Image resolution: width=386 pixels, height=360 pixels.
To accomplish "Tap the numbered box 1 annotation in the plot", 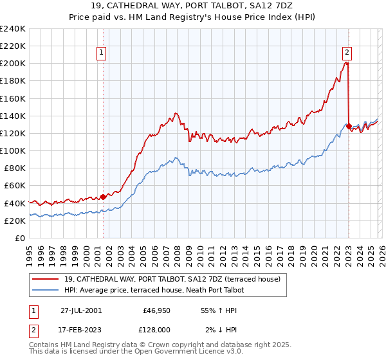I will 102,53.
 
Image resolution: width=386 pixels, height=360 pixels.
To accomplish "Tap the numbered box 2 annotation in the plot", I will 347,53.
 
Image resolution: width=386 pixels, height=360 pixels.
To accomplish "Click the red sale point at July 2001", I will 104,197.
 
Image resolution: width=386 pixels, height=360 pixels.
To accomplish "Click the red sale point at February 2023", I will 349,127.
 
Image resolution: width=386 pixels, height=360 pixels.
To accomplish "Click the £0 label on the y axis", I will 20,238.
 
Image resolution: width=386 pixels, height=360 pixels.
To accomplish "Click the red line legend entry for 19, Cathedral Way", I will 172,280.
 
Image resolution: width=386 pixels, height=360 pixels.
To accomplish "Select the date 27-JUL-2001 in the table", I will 81,310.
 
